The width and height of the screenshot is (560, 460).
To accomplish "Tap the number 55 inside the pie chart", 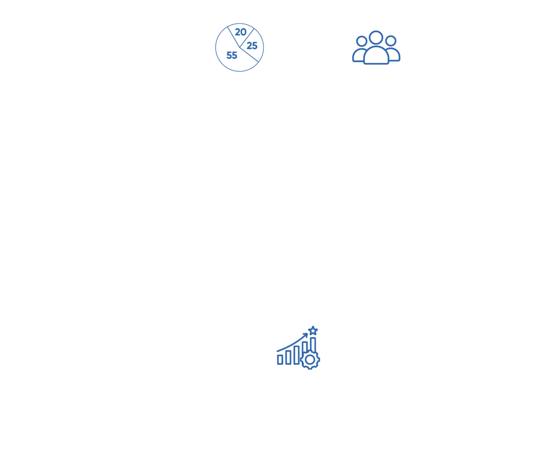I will click(x=231, y=55).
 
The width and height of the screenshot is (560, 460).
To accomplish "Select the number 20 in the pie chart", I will click(x=241, y=32).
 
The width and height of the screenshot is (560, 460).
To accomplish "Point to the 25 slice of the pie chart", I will click(x=252, y=45).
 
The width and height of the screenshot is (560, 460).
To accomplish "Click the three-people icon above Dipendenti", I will click(x=376, y=47).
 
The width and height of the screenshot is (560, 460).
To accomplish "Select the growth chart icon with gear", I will click(x=298, y=348).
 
